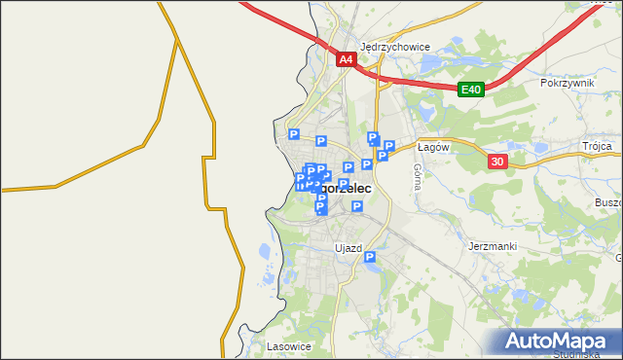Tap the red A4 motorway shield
click(346, 60)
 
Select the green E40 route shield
click(471, 90)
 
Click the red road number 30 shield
click(497, 162)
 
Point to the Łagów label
click(431, 147)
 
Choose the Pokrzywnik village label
click(567, 83)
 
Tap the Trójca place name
click(597, 146)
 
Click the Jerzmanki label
click(492, 246)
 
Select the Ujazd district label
click(348, 248)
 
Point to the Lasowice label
click(288, 346)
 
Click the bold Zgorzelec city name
click(341, 187)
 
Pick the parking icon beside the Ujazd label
click(370, 257)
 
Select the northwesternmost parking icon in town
click(293, 135)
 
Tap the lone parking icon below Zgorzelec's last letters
click(357, 206)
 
